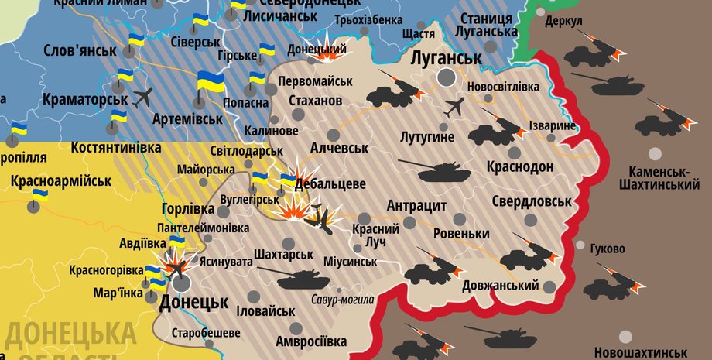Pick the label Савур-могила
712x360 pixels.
tap(342, 300)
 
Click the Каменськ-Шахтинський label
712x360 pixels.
tap(659, 177)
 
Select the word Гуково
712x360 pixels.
tap(608, 249)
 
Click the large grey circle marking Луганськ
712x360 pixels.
tap(447, 77)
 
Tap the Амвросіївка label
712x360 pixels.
tap(313, 341)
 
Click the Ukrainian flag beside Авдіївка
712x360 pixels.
tap(177, 242)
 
